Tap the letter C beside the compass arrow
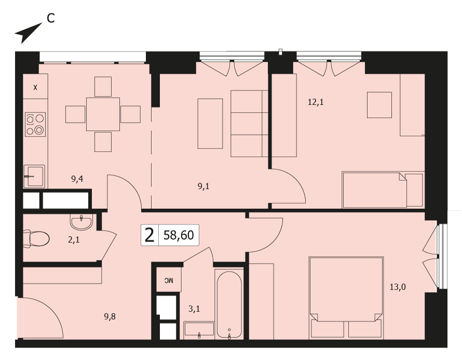click(x=51, y=19)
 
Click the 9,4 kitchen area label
click(x=77, y=179)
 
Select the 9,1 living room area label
click(x=203, y=186)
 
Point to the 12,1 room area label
click(x=316, y=102)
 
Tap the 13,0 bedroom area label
click(x=398, y=287)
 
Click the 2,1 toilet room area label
click(x=74, y=240)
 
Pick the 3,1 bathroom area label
click(x=194, y=309)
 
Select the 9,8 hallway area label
click(x=110, y=317)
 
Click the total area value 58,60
click(x=179, y=235)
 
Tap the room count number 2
click(x=150, y=235)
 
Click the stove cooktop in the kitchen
click(x=35, y=124)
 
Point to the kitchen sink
click(x=34, y=176)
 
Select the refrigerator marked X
click(x=36, y=87)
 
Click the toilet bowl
click(x=36, y=238)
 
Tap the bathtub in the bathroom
click(x=229, y=304)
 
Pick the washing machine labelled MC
click(x=169, y=280)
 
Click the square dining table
click(x=103, y=114)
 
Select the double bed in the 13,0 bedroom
click(x=346, y=298)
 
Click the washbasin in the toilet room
click(x=81, y=222)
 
